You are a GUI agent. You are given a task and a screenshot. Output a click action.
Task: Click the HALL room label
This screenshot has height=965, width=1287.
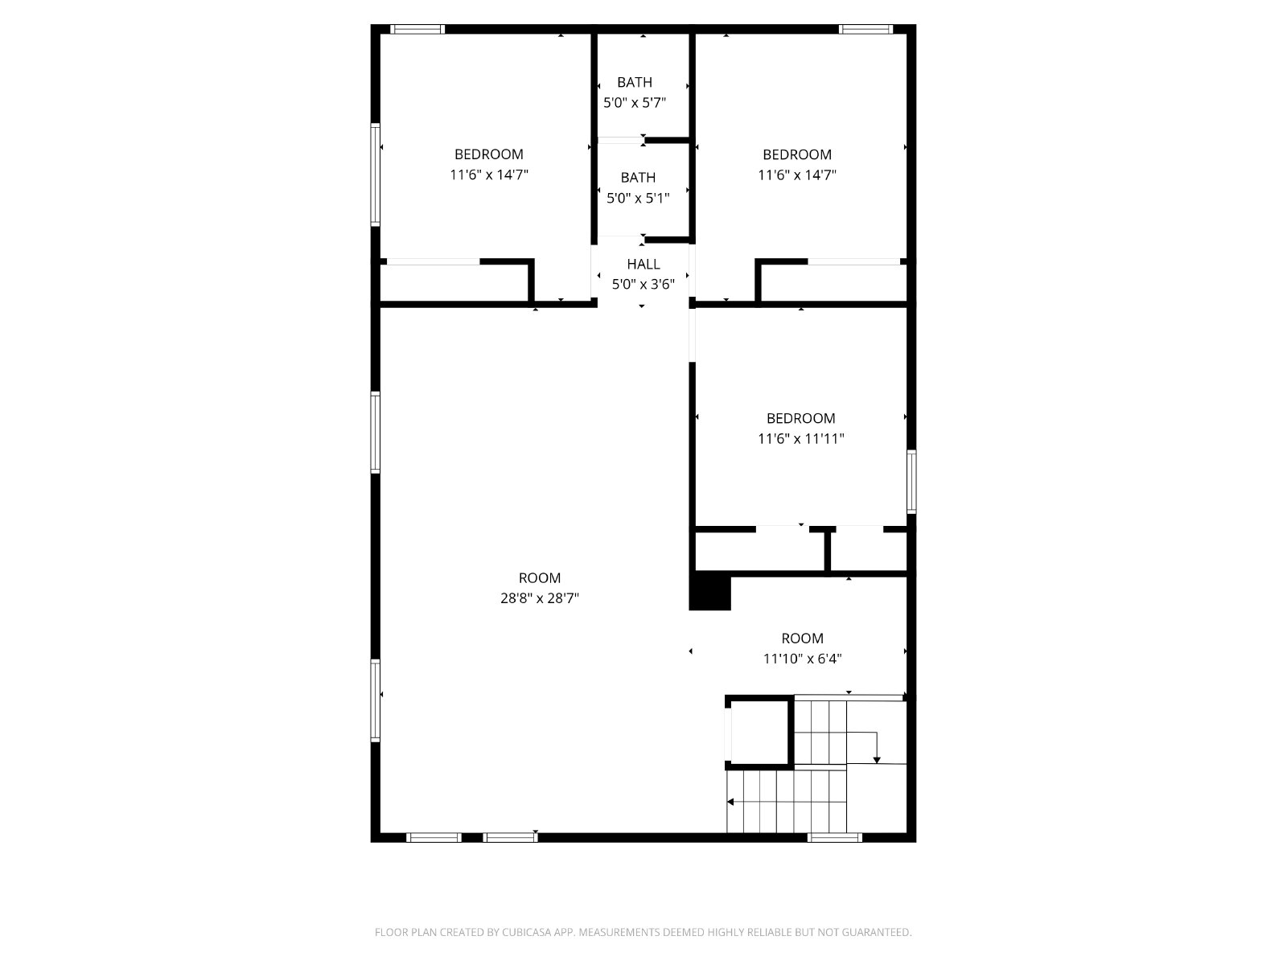[x=643, y=265]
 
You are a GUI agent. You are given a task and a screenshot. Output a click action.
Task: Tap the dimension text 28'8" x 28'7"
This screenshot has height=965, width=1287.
[x=540, y=598]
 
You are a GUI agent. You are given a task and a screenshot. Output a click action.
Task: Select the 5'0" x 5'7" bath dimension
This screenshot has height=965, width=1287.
[x=635, y=103]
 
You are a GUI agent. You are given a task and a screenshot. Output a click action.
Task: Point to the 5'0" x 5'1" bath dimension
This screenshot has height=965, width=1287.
[x=638, y=198]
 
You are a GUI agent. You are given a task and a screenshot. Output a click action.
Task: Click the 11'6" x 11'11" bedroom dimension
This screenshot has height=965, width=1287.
[x=801, y=439]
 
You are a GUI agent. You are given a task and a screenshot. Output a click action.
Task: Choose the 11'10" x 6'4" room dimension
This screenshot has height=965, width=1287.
[x=802, y=659]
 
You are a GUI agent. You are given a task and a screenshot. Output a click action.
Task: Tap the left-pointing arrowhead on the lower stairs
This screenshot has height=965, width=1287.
[x=730, y=802]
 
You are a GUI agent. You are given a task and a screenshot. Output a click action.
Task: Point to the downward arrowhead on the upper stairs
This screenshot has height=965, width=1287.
[x=877, y=761]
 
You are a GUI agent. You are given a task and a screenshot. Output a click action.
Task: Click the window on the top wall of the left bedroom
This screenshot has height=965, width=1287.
[x=417, y=29]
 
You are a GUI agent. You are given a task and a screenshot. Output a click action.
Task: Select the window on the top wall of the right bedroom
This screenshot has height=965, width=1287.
[x=866, y=29]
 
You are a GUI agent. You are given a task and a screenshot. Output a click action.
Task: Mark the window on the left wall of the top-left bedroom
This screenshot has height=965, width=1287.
[x=376, y=175]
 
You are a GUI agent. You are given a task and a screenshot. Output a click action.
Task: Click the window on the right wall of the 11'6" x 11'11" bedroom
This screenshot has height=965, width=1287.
[x=911, y=482]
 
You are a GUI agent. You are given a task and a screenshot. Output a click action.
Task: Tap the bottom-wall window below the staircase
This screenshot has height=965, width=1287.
[x=834, y=838]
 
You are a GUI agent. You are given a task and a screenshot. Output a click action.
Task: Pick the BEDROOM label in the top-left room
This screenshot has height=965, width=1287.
[x=489, y=154]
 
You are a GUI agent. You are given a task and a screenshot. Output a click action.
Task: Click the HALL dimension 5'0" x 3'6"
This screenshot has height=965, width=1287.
[x=643, y=285]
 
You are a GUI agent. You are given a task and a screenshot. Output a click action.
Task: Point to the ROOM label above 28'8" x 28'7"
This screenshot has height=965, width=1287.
[x=540, y=578]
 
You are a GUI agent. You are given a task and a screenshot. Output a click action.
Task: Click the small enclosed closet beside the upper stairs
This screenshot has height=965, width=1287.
[x=759, y=733]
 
